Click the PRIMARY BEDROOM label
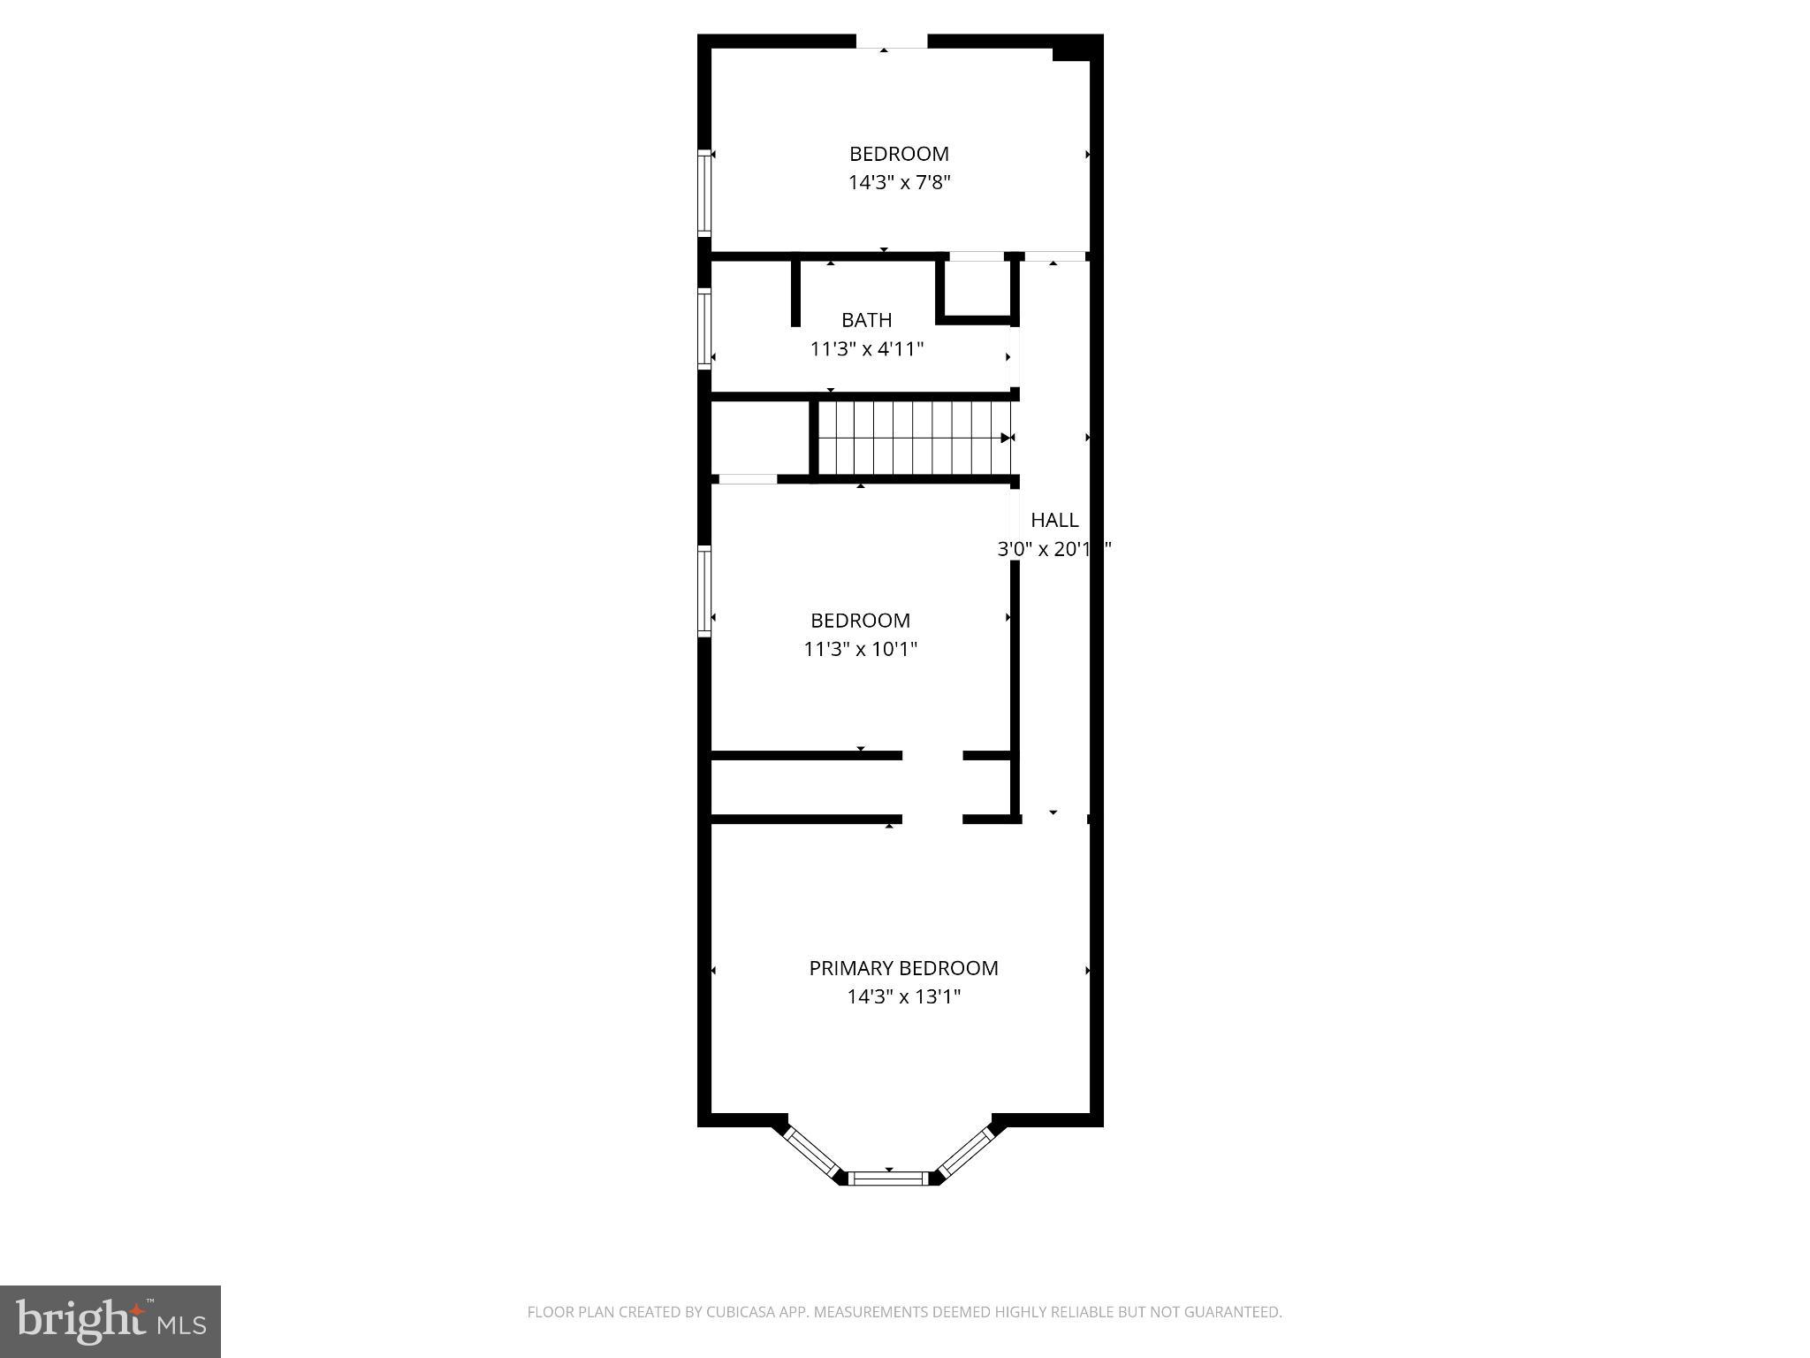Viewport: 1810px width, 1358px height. click(x=903, y=967)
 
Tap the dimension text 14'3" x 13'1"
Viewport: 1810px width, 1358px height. click(x=903, y=996)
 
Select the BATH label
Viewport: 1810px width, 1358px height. click(x=866, y=319)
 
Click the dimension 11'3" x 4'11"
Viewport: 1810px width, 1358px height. click(x=866, y=348)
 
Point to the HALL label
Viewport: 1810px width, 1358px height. click(x=1054, y=519)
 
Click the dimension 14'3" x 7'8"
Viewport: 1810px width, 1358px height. click(x=899, y=182)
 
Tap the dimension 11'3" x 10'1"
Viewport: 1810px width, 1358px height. click(x=860, y=649)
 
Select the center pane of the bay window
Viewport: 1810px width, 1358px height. click(x=888, y=1177)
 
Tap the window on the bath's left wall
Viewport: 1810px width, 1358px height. click(x=704, y=328)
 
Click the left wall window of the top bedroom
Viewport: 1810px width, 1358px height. click(x=704, y=193)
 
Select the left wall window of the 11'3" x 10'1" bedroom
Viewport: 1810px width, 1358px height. click(x=704, y=591)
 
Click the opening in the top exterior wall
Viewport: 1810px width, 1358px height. click(x=891, y=42)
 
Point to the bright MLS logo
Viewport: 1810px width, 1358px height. click(x=110, y=1321)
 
